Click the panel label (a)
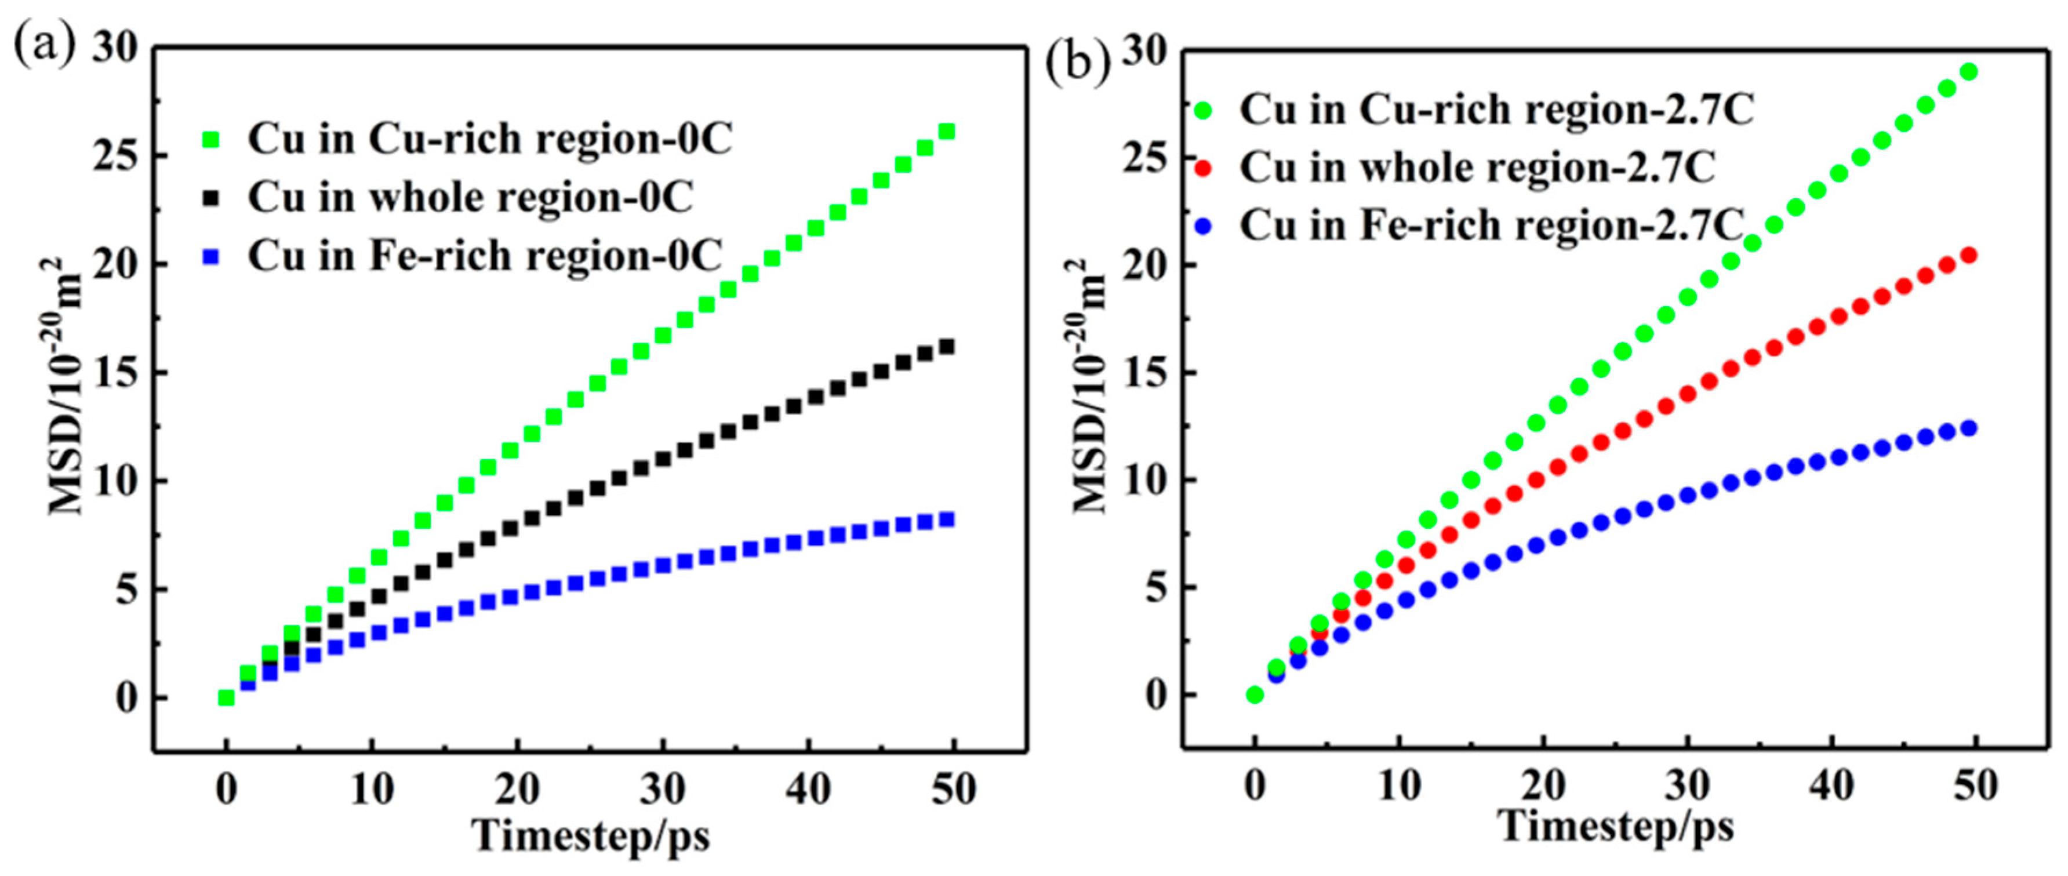[x=44, y=46]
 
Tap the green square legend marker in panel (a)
[x=211, y=140]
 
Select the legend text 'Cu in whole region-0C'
[x=470, y=198]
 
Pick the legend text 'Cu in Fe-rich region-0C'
[x=485, y=257]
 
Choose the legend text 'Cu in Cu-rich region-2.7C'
[x=1496, y=110]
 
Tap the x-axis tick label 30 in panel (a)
[x=662, y=790]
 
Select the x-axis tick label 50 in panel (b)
[x=1975, y=786]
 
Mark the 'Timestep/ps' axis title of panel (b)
[x=1617, y=826]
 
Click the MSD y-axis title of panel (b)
[x=1090, y=386]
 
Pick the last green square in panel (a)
[x=947, y=131]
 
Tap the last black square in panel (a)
[x=947, y=347]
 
